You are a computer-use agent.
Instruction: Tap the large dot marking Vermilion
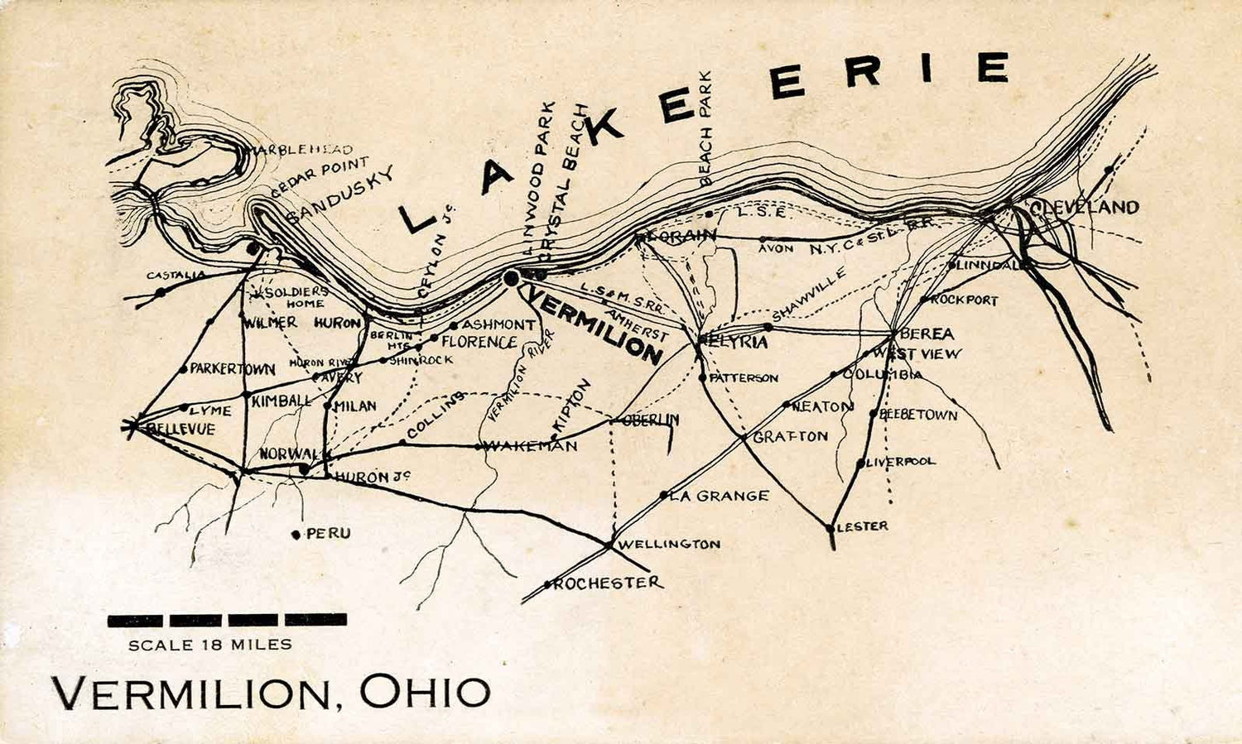coord(512,279)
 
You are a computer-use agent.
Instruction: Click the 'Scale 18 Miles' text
coord(210,645)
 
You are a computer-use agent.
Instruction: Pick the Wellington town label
coord(669,545)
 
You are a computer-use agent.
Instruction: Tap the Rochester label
coord(608,583)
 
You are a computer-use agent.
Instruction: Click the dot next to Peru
coord(296,535)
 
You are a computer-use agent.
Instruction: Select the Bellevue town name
coord(180,430)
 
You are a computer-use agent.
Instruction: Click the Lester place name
coord(863,526)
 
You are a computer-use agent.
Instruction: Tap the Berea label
coord(927,334)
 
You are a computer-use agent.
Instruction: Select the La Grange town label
coord(719,497)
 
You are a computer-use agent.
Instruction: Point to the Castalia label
coord(176,275)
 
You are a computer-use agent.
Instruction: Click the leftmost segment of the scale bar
coord(135,619)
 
